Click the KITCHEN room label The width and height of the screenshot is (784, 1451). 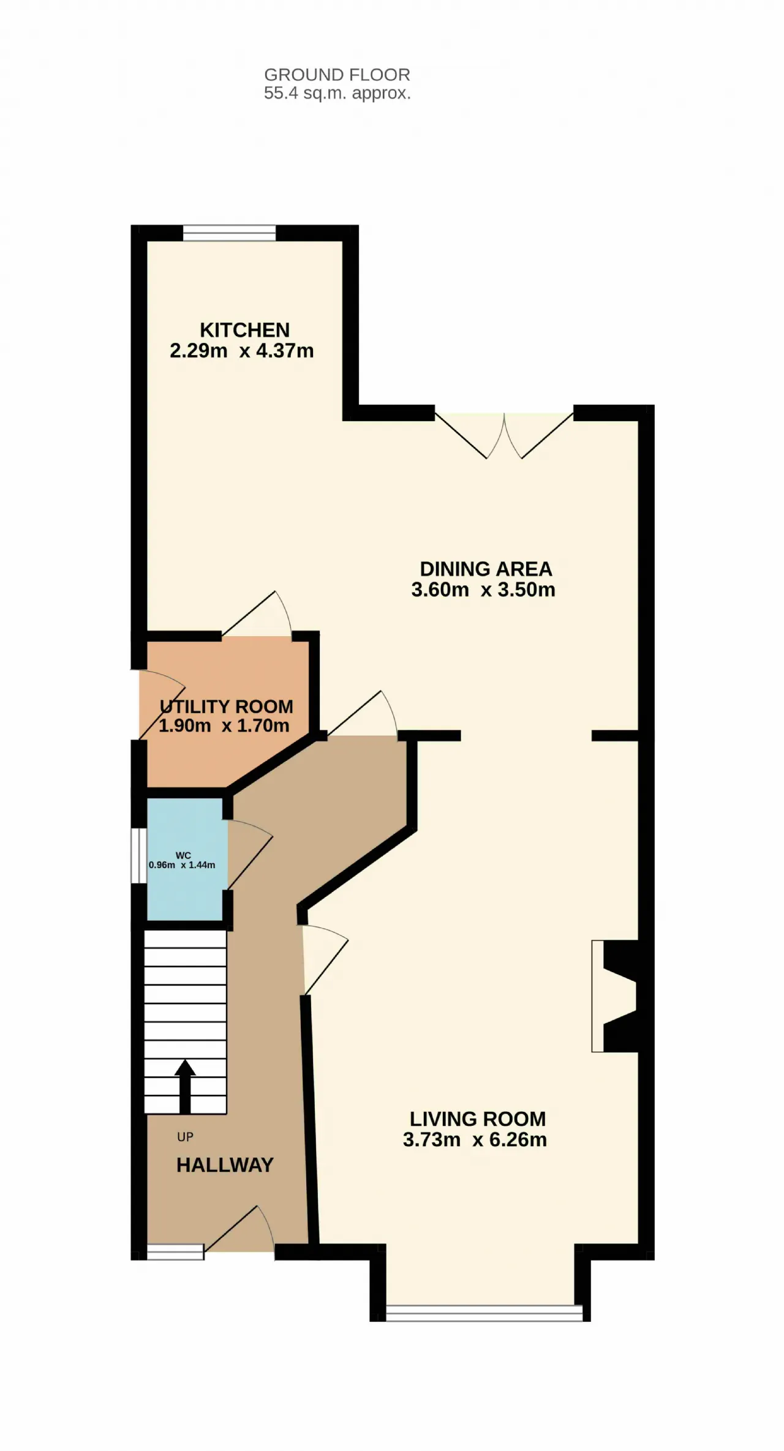(x=244, y=330)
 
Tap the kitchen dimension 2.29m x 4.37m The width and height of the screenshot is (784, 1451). (x=242, y=351)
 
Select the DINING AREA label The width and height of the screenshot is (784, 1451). (x=486, y=569)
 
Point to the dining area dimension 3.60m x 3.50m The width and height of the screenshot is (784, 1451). (x=483, y=590)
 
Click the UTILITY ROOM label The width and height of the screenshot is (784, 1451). (x=227, y=707)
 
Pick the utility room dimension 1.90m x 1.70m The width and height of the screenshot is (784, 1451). (x=224, y=725)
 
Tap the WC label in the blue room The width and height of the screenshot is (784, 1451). (x=183, y=855)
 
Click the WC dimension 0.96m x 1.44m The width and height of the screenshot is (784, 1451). (x=182, y=865)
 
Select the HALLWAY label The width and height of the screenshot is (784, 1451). (x=225, y=1164)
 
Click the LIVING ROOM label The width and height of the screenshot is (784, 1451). (x=478, y=1119)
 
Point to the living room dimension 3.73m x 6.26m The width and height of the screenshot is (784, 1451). (x=475, y=1139)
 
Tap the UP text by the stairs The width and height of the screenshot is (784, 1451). (x=185, y=1137)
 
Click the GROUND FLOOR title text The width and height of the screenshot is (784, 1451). (x=337, y=75)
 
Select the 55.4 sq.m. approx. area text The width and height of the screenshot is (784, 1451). (x=337, y=93)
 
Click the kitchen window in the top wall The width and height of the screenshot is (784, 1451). (x=229, y=233)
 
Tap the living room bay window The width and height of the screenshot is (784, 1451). (x=484, y=1313)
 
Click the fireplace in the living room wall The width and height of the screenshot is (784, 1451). (x=615, y=996)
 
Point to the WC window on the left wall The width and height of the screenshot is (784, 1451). (x=139, y=856)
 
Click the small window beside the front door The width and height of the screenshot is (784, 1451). (x=175, y=1252)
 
